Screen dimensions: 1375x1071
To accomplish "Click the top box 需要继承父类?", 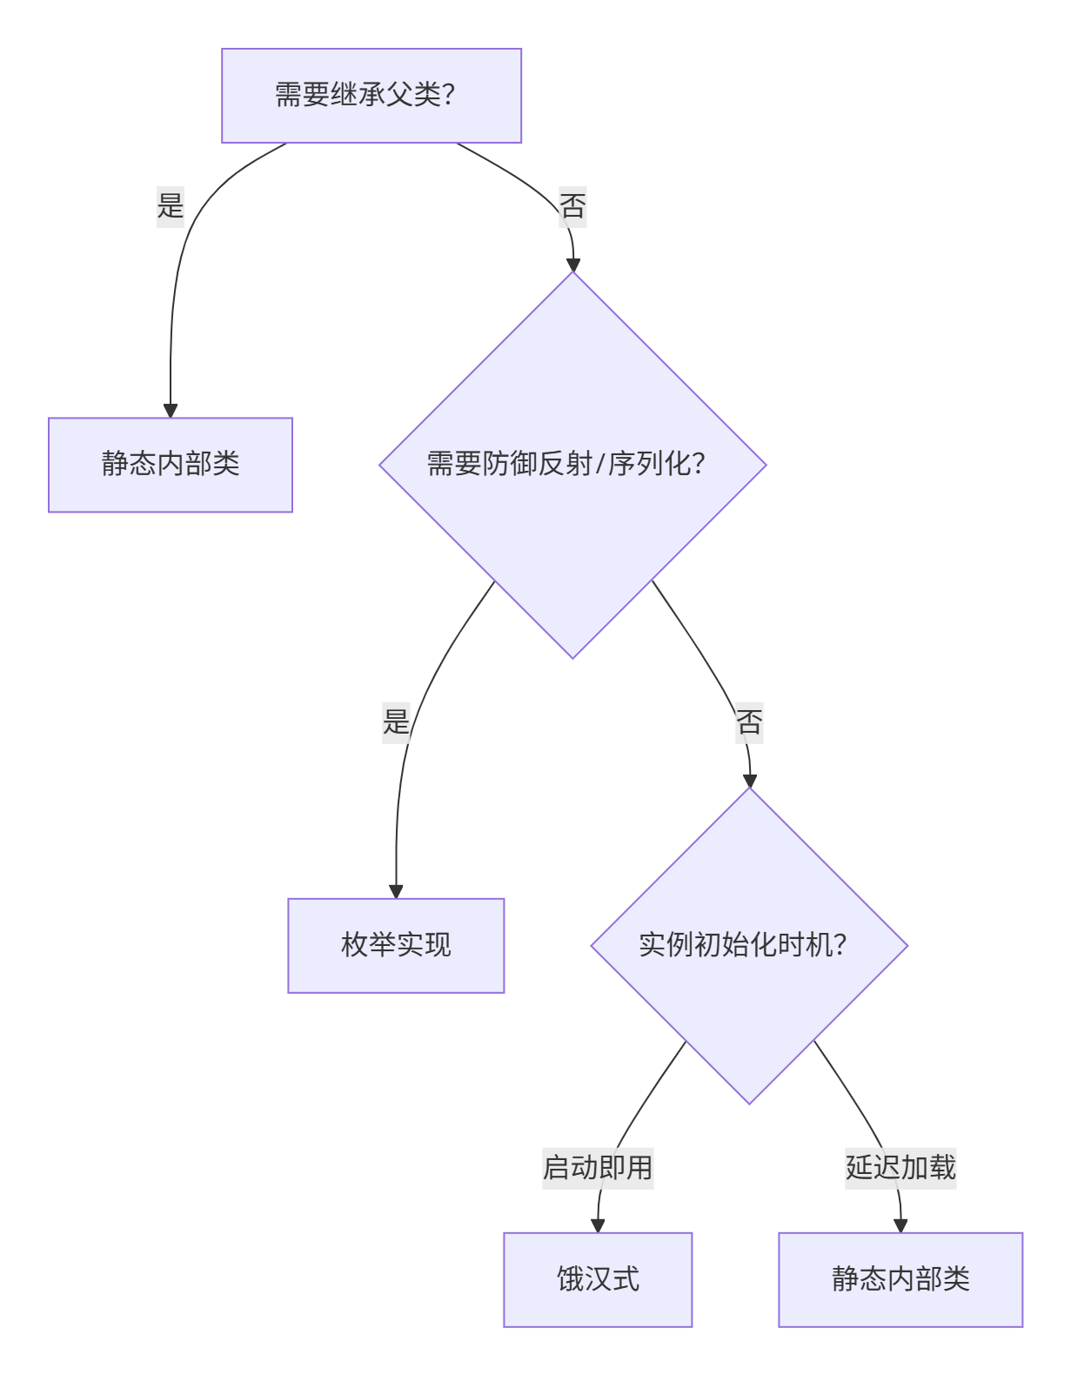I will (372, 96).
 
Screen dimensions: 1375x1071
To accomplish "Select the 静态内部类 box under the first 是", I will (171, 465).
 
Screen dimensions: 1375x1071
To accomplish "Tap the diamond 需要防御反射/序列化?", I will (572, 465).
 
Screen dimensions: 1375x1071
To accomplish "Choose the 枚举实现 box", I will (396, 945).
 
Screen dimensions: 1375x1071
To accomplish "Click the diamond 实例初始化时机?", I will (749, 945).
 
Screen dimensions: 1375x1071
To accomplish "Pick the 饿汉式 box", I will (598, 1279).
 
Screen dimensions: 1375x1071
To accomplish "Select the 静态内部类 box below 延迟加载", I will (900, 1279).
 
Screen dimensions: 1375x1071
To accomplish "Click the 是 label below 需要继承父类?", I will (171, 206).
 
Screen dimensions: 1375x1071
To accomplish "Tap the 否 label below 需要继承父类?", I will (572, 206).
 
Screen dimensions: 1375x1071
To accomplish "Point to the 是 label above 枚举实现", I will (396, 721).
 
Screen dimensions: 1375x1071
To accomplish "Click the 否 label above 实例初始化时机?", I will (749, 721).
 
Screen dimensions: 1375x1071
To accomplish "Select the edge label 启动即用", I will (598, 1168).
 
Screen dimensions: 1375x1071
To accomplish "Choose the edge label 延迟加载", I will (900, 1168).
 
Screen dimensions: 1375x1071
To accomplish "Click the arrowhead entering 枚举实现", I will (396, 891).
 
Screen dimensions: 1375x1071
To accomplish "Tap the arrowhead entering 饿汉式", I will (598, 1225).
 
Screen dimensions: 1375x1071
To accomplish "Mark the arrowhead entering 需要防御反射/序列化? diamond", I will (572, 265).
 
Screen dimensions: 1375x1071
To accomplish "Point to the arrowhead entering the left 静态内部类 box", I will (171, 411).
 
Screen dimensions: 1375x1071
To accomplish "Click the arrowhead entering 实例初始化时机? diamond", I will (749, 781).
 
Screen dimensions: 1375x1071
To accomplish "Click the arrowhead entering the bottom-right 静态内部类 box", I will (900, 1225).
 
